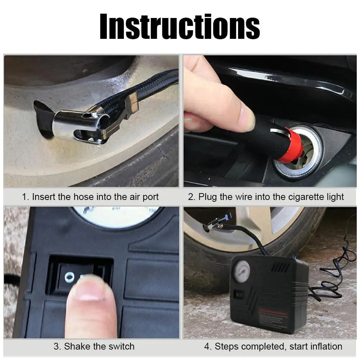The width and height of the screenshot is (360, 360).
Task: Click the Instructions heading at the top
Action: (180, 27)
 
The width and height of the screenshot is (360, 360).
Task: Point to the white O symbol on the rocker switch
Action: (69, 277)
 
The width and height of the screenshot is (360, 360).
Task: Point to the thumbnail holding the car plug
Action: (246, 118)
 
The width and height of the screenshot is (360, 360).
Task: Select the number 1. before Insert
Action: (25, 197)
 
